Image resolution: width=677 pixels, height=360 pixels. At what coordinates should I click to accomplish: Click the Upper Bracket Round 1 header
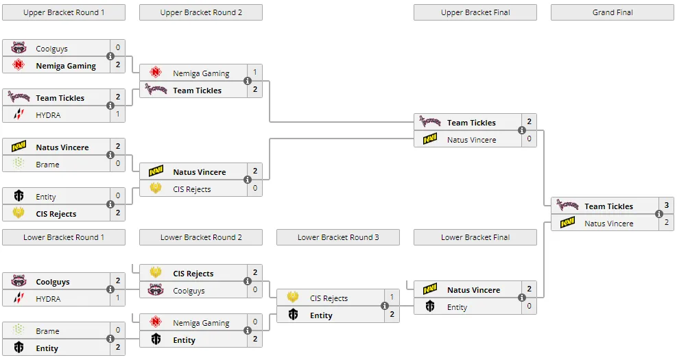pos(64,12)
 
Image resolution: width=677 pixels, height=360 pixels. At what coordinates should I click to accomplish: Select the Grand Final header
pos(613,12)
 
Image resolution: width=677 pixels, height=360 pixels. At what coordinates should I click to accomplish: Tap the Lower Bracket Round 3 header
pos(338,237)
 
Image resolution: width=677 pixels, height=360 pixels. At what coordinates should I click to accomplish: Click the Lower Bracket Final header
pos(475,237)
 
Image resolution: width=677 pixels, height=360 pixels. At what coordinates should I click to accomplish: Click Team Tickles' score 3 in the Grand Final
pos(666,205)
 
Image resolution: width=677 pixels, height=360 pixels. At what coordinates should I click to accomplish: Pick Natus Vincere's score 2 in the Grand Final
pos(666,222)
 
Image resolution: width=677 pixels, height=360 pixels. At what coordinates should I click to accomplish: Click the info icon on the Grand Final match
pos(659,214)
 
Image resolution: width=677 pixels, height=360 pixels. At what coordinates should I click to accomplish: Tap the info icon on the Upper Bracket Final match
pos(521,130)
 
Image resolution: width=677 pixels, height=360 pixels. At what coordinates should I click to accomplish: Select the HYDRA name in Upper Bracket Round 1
pos(48,115)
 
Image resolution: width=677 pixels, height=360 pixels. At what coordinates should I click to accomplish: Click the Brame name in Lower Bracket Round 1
pos(47,331)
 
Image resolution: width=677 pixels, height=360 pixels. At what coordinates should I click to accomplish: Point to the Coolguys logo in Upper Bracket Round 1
pos(19,47)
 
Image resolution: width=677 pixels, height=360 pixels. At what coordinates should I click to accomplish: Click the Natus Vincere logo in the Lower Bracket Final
pos(429,289)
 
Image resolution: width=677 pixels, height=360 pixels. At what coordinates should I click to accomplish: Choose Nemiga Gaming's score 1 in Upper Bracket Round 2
pos(254,72)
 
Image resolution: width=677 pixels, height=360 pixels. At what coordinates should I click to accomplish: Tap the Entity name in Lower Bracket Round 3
pos(321,315)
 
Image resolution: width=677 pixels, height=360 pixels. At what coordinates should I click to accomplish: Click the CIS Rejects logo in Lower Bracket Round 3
pos(293,297)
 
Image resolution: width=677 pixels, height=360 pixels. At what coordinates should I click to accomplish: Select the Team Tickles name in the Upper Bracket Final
pos(471,123)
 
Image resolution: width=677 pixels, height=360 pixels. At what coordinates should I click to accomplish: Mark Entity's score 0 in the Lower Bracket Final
pos(529,306)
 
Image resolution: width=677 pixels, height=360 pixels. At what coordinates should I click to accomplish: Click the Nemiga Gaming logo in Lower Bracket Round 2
pos(156,322)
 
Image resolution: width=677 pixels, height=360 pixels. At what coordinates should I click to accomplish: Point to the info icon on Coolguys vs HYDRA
pos(110,289)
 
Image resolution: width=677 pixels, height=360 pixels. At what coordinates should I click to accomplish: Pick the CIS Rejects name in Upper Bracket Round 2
pos(192,189)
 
